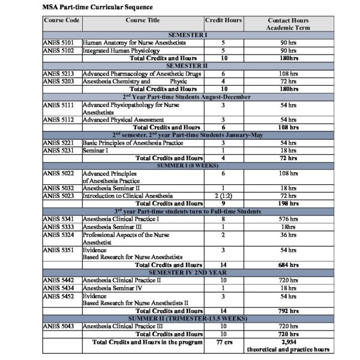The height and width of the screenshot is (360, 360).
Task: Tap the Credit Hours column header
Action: tap(223, 20)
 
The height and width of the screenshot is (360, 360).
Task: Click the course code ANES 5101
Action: tap(58, 43)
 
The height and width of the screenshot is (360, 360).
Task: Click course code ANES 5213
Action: tap(58, 73)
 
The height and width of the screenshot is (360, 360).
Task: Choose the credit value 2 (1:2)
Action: tap(223, 196)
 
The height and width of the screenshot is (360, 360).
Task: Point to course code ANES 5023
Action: tap(58, 196)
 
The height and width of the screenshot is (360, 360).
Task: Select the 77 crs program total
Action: tap(223, 341)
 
